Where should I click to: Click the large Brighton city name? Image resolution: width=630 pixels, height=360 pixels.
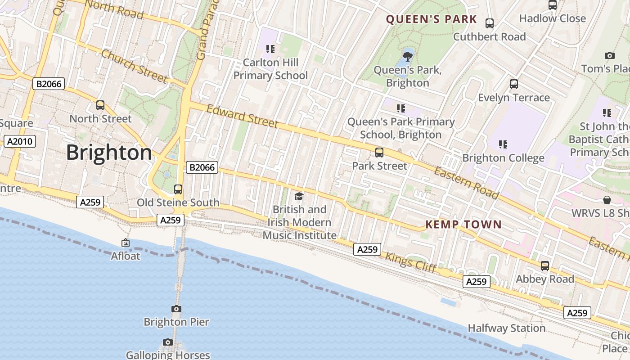coord(109,153)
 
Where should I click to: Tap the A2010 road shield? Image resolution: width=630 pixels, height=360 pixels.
coord(20,141)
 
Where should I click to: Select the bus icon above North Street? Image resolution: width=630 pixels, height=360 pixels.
coord(100,105)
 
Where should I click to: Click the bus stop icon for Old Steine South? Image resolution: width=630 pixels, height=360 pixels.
coord(178,189)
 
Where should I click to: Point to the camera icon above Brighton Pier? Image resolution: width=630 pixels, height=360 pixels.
coord(176,309)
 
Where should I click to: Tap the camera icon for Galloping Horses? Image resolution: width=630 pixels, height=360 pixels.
coord(168,342)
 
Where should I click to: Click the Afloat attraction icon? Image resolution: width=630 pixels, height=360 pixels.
coord(126,243)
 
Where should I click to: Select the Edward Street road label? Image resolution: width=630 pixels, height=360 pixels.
coord(242,116)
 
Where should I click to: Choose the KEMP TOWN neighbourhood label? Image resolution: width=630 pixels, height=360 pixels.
coord(463,225)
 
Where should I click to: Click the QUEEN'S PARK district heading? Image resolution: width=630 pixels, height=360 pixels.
coord(431,19)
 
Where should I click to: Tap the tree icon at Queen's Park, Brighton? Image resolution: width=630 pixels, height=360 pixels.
coord(408,57)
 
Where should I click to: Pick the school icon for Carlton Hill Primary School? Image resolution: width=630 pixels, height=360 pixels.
coord(270,49)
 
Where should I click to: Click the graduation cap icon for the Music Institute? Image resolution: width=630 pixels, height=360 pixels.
coord(299,196)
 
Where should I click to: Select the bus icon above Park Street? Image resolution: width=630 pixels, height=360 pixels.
coord(379,153)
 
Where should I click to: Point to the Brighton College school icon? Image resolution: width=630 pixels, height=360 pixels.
coord(503,144)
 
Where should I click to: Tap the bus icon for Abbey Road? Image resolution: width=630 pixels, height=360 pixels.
coord(545,266)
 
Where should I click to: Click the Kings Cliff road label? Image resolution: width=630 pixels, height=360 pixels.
coord(411,262)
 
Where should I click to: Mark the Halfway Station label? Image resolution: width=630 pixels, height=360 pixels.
coord(507,328)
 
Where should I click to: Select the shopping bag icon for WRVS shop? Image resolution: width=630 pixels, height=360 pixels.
coord(607,199)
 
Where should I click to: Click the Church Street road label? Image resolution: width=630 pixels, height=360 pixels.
coord(134,66)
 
